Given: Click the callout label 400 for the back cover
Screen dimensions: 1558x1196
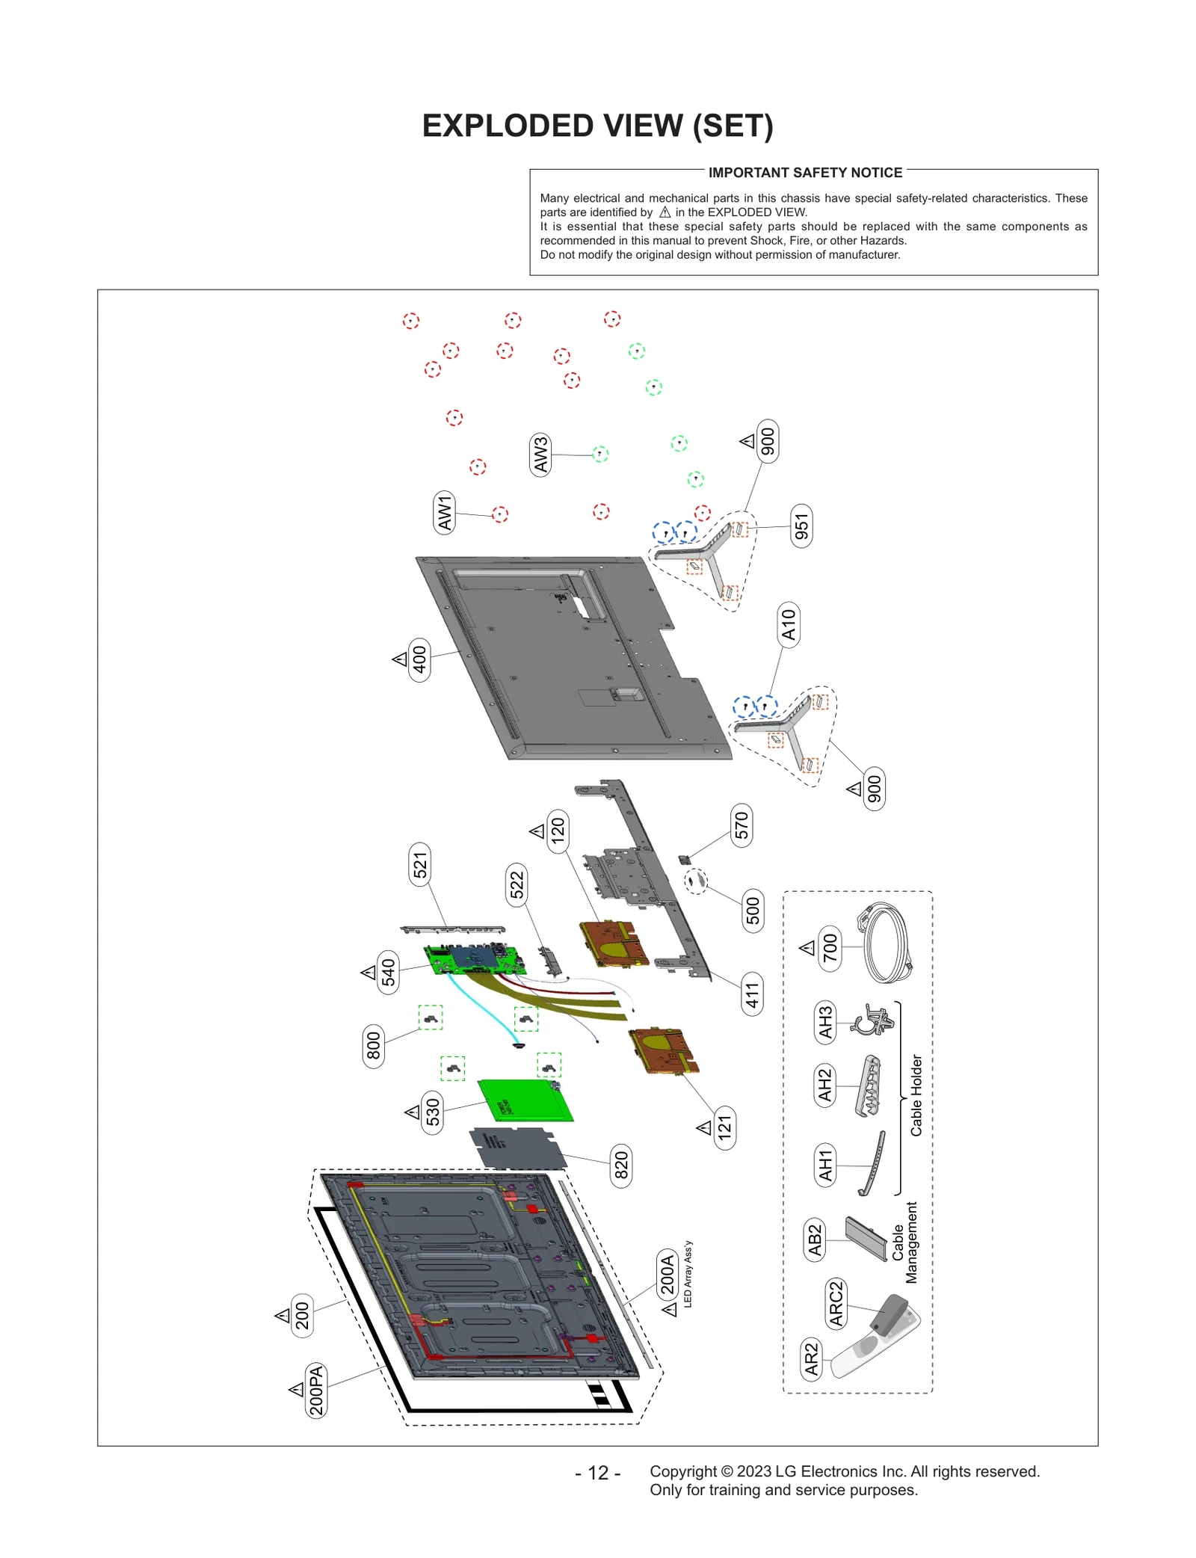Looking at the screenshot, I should click(x=419, y=659).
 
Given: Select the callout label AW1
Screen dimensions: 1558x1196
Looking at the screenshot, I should click(x=445, y=513).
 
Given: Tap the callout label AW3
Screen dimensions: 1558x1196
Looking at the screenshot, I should click(x=540, y=454).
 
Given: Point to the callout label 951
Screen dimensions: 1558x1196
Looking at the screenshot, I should click(x=801, y=526).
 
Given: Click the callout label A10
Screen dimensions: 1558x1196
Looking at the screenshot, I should click(x=789, y=624).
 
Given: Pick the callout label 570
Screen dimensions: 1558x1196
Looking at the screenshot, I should click(x=741, y=825).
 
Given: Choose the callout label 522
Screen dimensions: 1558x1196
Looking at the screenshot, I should click(x=517, y=885).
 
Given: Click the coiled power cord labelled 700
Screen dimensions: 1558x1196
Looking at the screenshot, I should click(x=887, y=943).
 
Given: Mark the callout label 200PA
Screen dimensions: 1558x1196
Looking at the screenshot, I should click(x=316, y=1390).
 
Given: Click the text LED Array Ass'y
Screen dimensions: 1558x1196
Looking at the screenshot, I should click(x=688, y=1274).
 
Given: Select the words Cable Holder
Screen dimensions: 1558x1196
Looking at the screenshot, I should click(x=916, y=1095).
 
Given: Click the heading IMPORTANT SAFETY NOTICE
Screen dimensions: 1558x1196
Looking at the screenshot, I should click(x=805, y=173).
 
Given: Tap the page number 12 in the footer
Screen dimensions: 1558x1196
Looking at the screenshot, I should click(x=598, y=1473).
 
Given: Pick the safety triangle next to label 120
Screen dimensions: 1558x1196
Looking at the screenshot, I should click(x=537, y=831).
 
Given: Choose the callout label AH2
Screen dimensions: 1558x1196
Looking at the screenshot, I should click(x=824, y=1085).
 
